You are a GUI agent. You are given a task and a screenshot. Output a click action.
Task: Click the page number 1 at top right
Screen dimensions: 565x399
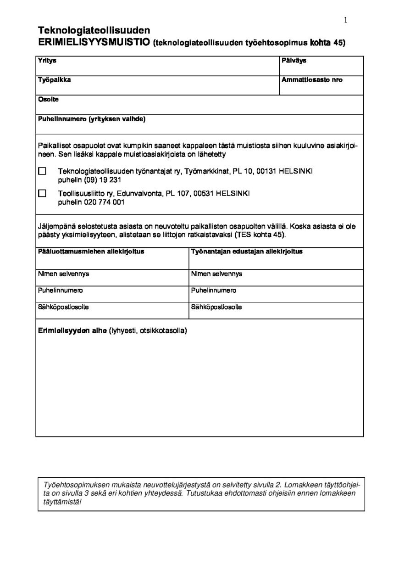tap(345, 20)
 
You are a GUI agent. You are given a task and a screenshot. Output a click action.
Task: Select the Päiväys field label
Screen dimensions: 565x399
tap(294, 61)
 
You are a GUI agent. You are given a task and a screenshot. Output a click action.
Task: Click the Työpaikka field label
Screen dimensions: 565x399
tap(54, 80)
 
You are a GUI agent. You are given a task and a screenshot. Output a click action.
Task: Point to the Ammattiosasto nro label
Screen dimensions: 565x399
tap(312, 80)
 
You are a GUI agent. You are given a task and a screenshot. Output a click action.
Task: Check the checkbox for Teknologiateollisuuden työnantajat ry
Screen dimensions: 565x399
tap(42, 171)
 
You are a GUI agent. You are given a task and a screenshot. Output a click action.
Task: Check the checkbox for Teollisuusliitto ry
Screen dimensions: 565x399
tap(42, 193)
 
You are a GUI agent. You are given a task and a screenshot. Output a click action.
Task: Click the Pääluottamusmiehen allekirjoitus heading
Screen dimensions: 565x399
tap(91, 252)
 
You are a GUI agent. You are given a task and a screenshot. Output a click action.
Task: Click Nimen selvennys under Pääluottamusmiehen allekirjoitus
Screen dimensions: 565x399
tap(63, 274)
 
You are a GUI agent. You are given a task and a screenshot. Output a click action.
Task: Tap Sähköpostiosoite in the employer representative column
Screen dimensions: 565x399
tap(216, 307)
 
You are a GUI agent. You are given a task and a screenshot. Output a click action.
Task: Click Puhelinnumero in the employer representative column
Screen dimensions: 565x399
tap(214, 291)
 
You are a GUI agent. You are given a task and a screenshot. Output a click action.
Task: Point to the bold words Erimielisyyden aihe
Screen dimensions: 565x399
tap(72, 330)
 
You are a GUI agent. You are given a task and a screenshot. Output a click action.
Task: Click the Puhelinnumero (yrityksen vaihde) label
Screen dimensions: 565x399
tap(92, 119)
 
